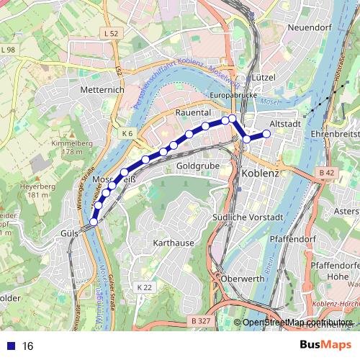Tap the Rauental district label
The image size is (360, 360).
192,113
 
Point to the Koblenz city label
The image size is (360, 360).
260,174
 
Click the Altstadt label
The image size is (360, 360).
284,124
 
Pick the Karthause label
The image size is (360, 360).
174,243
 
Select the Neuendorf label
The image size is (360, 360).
308,27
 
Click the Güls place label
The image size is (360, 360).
69,233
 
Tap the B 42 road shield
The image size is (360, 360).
326,173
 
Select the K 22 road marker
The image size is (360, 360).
144,287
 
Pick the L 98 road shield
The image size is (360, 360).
8,49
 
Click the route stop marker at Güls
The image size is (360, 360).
93,222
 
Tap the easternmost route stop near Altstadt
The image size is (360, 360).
266,133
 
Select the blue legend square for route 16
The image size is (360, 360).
12,346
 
